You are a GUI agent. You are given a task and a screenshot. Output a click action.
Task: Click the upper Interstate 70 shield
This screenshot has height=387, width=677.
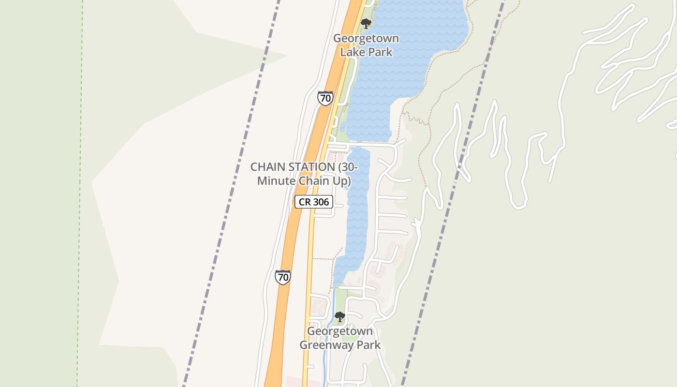pyautogui.click(x=325, y=98)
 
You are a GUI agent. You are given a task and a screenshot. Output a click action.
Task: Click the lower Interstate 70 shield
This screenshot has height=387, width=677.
pyautogui.click(x=283, y=277)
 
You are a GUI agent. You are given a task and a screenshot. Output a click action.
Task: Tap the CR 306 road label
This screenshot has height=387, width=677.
pyautogui.click(x=314, y=202)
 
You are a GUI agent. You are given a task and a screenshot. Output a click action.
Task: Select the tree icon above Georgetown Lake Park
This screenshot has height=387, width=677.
pyautogui.click(x=366, y=23)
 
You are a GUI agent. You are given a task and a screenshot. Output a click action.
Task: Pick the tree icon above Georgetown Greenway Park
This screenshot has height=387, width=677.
pyautogui.click(x=340, y=317)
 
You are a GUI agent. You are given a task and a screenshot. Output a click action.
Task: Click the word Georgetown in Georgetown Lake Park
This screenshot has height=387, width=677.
pyautogui.click(x=366, y=38)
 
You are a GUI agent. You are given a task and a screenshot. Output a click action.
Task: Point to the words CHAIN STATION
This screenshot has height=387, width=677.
pyautogui.click(x=292, y=167)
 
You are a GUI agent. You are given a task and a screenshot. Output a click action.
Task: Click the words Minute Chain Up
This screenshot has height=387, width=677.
pyautogui.click(x=304, y=181)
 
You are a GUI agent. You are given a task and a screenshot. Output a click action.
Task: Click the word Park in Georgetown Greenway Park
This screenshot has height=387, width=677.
pyautogui.click(x=369, y=345)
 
